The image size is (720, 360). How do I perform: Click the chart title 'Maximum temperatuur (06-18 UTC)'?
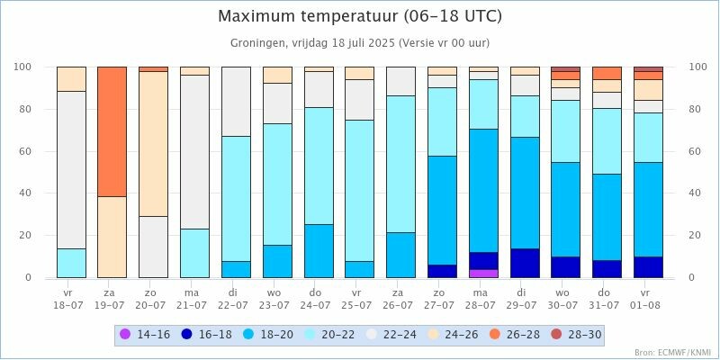click(360, 17)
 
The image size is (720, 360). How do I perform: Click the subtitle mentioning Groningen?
click(360, 43)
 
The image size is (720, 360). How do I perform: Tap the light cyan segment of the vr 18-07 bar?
click(71, 263)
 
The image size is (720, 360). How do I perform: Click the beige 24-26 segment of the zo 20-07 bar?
click(153, 143)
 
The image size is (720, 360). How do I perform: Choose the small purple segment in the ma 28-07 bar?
click(483, 274)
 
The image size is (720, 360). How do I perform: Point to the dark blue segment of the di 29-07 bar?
click(525, 263)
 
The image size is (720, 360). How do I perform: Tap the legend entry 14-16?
click(149, 335)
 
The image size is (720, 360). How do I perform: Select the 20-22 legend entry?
click(360, 335)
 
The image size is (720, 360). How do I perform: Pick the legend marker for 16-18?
click(187, 335)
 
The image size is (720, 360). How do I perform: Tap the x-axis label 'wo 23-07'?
click(277, 299)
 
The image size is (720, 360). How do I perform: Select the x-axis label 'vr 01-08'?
click(648, 299)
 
